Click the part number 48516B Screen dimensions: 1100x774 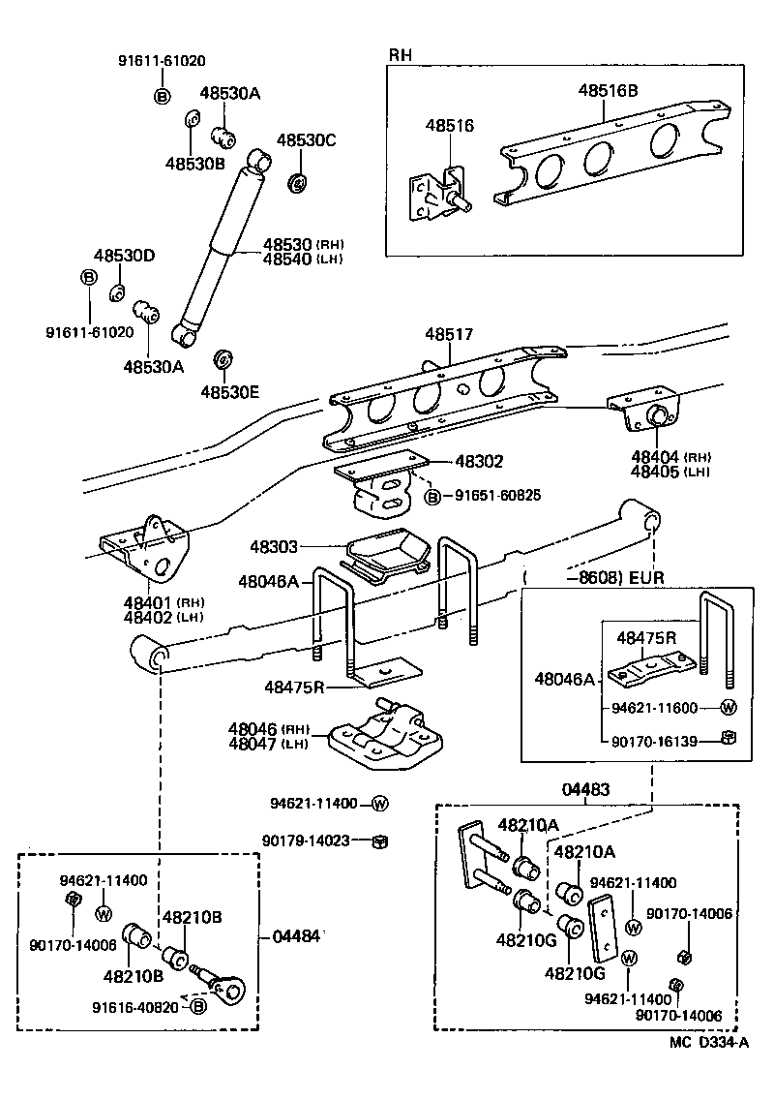coord(608,91)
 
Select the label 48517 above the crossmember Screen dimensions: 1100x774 coord(448,334)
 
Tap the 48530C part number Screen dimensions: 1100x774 coord(306,140)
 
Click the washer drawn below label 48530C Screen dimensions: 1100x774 coord(298,182)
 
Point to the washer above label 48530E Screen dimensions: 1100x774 coord(221,360)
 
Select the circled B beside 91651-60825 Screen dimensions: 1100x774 coord(432,496)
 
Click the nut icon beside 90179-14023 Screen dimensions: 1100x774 coord(380,840)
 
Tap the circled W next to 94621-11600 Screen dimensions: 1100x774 coord(729,708)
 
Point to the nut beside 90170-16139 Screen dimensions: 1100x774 coord(729,740)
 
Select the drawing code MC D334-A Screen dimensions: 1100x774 coord(708,1043)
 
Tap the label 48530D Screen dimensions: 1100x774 coord(124,256)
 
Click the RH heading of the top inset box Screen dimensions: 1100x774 coord(400,54)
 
